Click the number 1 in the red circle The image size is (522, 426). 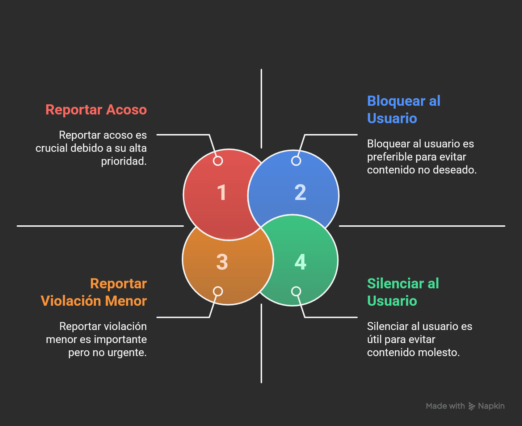click(222, 193)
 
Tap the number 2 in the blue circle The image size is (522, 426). click(300, 192)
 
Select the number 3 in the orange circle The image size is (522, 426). click(222, 262)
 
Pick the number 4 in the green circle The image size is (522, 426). click(300, 262)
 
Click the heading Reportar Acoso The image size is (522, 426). click(96, 110)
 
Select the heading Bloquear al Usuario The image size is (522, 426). click(403, 109)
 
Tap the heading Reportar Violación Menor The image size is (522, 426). click(94, 292)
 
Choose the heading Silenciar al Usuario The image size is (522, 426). click(403, 292)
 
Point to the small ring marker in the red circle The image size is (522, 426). click(218, 161)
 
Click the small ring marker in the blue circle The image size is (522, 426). click(296, 161)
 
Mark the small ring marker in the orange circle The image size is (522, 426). click(218, 291)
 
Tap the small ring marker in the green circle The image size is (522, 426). click(296, 291)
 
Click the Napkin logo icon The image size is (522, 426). click(472, 406)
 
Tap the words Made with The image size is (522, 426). click(445, 406)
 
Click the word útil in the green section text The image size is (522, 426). click(374, 339)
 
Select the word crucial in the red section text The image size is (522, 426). click(51, 148)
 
